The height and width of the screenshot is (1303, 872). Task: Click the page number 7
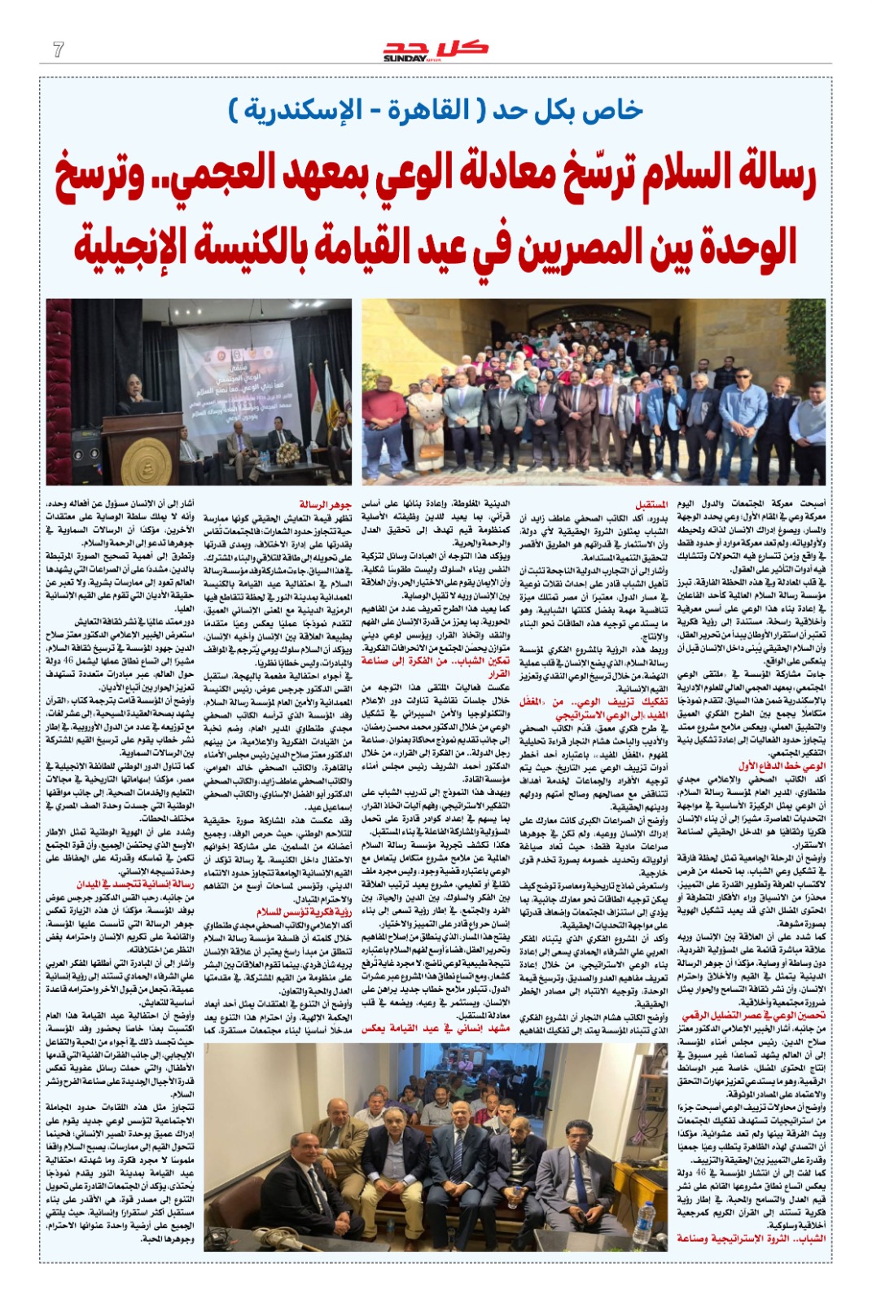(58, 50)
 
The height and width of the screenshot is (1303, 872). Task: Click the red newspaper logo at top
(435, 50)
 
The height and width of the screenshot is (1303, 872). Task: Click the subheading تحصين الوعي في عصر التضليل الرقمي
(753, 1016)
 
